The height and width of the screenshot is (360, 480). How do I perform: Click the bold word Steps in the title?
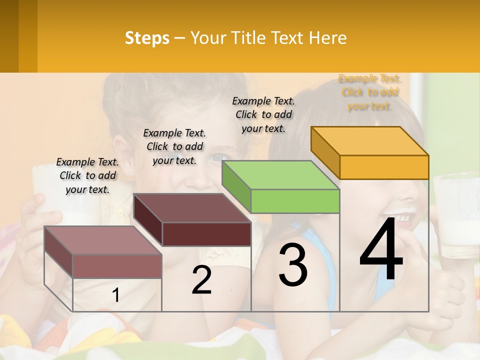(147, 38)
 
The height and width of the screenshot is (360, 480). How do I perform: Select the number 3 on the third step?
(293, 265)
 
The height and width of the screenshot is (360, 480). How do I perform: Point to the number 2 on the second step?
(201, 280)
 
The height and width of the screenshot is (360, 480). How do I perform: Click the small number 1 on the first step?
(115, 295)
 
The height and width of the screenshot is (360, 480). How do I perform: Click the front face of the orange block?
(384, 167)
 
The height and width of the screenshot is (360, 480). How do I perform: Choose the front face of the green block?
(295, 201)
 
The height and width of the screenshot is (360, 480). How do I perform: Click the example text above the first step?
(87, 176)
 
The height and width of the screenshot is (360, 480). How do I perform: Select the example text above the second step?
(174, 146)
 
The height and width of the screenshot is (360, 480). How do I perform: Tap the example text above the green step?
(263, 114)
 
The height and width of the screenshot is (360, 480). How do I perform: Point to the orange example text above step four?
(370, 92)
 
